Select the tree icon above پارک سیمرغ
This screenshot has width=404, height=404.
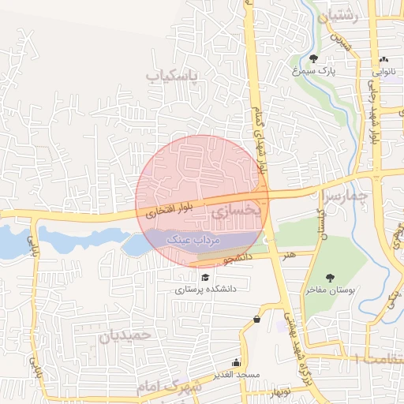point(313,58)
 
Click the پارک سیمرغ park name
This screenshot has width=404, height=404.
point(313,71)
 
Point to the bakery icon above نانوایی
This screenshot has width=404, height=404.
point(384,59)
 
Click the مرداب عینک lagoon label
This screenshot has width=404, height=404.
point(191,238)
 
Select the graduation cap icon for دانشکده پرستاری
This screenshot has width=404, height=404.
point(206,277)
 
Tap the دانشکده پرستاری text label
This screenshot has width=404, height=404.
point(205,290)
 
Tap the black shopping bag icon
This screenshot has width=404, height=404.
point(257,319)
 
